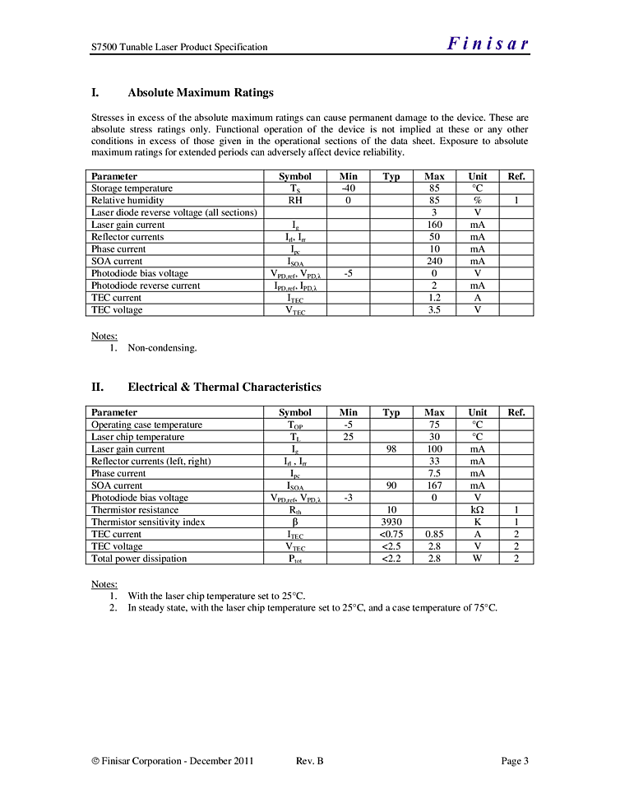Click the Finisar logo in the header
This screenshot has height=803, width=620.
[x=488, y=44]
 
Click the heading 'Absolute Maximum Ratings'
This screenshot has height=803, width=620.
[x=201, y=92]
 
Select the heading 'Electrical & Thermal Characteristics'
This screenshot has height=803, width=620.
[x=224, y=387]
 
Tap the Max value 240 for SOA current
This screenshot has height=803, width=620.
[x=434, y=261]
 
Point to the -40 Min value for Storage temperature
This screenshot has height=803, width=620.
[x=348, y=188]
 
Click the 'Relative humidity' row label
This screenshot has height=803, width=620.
[x=127, y=200]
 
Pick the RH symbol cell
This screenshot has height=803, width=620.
[x=295, y=200]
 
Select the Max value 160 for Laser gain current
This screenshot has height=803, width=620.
[x=434, y=225]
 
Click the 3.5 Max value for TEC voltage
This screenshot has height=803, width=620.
[x=434, y=310]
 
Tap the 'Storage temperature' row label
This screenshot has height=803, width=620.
[x=132, y=188]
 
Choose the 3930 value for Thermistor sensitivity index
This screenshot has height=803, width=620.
[x=391, y=522]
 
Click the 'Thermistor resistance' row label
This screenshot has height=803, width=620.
[x=135, y=510]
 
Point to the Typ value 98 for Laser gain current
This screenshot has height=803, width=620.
[x=391, y=449]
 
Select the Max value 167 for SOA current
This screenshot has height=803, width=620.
[x=434, y=485]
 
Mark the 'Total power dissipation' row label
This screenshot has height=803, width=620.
[x=139, y=559]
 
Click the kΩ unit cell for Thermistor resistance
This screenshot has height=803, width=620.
[x=477, y=510]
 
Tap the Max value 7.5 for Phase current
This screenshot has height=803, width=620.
[x=434, y=473]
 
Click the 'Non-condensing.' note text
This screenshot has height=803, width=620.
[x=162, y=348]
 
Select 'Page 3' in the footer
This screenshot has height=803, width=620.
[x=515, y=761]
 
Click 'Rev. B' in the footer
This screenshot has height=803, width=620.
[x=309, y=761]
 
